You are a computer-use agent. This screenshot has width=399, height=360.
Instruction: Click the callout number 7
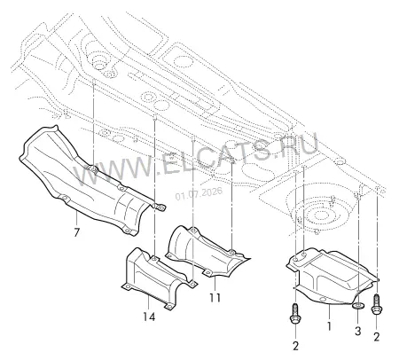pyautogui.click(x=76, y=232)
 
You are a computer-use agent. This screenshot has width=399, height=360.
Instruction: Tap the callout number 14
pyautogui.click(x=149, y=317)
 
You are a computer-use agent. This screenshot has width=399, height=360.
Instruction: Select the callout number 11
pyautogui.click(x=215, y=298)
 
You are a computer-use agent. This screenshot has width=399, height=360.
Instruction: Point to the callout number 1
pyautogui.click(x=329, y=326)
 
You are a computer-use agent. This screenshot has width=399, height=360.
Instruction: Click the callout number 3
pyautogui.click(x=357, y=331)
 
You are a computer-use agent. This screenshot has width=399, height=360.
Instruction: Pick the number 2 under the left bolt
pyautogui.click(x=296, y=346)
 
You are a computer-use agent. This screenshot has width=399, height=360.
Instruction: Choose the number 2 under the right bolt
pyautogui.click(x=376, y=337)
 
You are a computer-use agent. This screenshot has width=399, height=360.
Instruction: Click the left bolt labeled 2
pyautogui.click(x=296, y=314)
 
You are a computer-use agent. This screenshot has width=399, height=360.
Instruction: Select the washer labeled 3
pyautogui.click(x=358, y=306)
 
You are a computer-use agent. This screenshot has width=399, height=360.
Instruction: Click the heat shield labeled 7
pyautogui.click(x=89, y=180)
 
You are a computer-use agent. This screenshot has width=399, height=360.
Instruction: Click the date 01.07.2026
pyautogui.click(x=199, y=193)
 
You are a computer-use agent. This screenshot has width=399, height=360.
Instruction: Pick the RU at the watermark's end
pyautogui.click(x=299, y=146)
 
